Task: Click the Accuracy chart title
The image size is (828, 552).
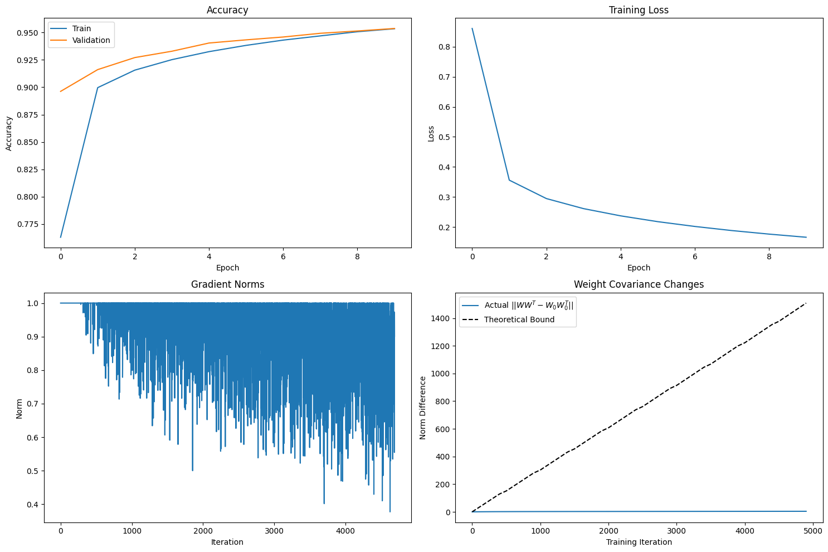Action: tap(227, 10)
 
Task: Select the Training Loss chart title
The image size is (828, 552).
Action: tap(639, 10)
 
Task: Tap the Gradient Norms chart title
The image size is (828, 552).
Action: tap(227, 284)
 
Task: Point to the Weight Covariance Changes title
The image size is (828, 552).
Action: tap(639, 284)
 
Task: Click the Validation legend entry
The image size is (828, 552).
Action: tap(91, 40)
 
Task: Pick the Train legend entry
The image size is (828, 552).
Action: tap(81, 28)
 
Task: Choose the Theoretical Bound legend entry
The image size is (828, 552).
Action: tap(519, 319)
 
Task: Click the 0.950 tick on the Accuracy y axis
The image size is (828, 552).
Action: tap(28, 33)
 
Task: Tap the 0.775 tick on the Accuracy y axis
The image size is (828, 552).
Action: tap(28, 224)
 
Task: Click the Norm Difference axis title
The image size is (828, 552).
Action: tap(423, 408)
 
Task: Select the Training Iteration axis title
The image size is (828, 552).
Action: tap(639, 542)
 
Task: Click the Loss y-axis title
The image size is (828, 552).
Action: tap(431, 133)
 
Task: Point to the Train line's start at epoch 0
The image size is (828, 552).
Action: tap(61, 237)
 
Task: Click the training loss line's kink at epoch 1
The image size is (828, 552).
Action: tap(509, 180)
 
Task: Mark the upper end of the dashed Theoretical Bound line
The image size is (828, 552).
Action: tap(806, 303)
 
